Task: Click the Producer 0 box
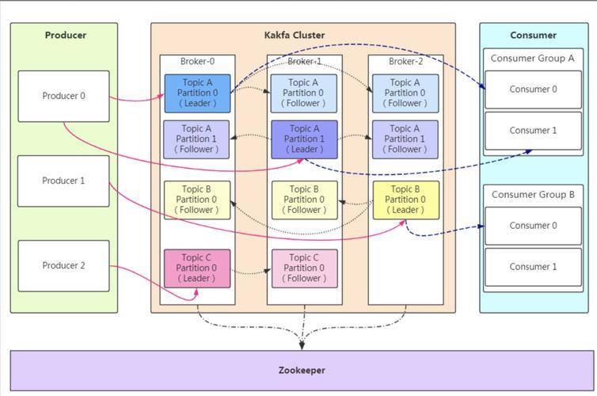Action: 63,96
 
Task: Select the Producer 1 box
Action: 63,181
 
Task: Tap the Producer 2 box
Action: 63,265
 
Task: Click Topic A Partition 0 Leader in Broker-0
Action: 197,93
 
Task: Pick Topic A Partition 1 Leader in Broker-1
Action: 304,139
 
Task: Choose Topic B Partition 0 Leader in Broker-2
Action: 405,200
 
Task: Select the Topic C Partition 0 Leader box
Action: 197,268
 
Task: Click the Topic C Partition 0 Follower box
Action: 304,268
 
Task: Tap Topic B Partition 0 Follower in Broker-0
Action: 197,200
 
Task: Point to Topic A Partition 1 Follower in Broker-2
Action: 405,139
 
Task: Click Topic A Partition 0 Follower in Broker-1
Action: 304,93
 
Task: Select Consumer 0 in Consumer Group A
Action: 533,89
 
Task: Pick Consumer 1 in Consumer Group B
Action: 533,266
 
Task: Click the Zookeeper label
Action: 302,370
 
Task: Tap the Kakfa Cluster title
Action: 295,35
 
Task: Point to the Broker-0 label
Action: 197,61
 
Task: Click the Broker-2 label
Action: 405,61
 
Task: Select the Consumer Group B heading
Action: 533,194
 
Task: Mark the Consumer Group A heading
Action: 533,58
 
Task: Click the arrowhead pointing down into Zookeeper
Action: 302,344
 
